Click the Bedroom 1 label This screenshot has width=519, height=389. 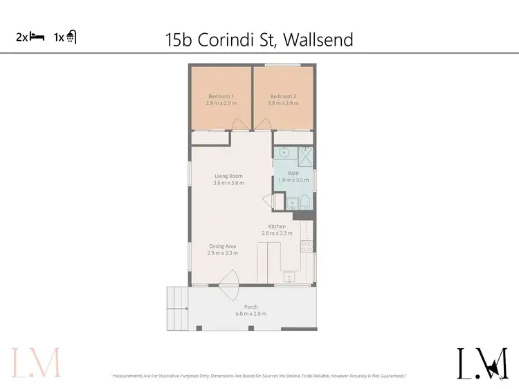tap(221, 96)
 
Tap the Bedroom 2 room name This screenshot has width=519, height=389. tap(283, 96)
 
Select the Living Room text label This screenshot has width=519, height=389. tap(228, 176)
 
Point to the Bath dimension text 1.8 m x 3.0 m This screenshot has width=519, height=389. tap(293, 180)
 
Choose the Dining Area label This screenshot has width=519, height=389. tap(222, 246)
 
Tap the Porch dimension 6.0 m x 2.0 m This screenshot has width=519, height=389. tap(251, 314)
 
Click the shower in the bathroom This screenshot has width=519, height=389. tap(305, 154)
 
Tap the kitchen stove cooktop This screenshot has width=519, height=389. tap(307, 245)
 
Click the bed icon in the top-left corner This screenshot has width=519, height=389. tap(36, 38)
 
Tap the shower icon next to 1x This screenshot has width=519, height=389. tap(71, 38)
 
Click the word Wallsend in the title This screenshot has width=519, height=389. tap(316, 39)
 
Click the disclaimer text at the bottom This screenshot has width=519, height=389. tap(259, 376)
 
